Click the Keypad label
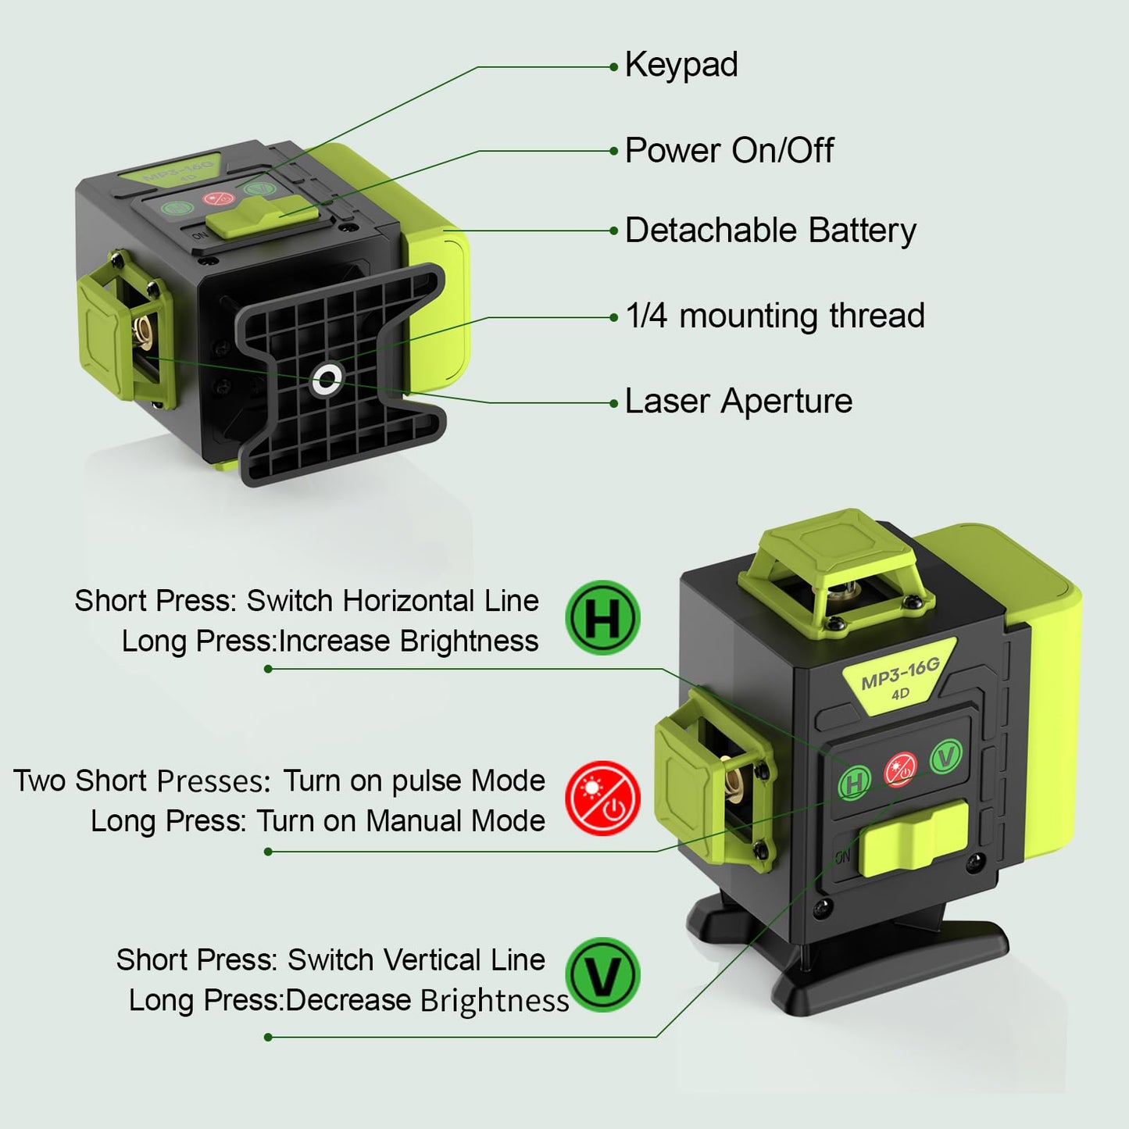point(681,66)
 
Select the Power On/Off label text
point(729,151)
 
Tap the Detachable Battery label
point(770,230)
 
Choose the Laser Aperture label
point(738,402)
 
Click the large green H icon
point(602,617)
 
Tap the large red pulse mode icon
point(602,798)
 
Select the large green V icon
point(602,975)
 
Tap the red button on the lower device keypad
point(900,769)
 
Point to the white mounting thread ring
point(327,380)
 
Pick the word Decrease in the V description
point(348,1000)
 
